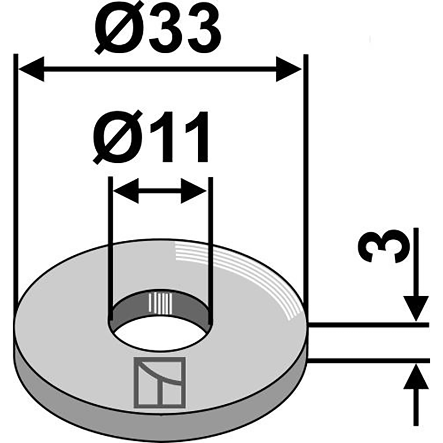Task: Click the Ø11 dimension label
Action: click(x=151, y=137)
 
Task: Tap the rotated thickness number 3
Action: click(x=383, y=245)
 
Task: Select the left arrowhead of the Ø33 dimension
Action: click(x=31, y=69)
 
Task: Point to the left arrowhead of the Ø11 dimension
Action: click(x=126, y=190)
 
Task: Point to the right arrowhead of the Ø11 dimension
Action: click(x=194, y=190)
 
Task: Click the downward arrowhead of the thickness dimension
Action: click(x=416, y=308)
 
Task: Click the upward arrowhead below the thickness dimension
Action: click(x=416, y=377)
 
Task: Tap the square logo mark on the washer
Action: click(x=159, y=383)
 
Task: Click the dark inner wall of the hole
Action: click(x=160, y=305)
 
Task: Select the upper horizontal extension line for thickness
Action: click(x=369, y=325)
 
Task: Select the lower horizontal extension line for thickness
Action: click(x=369, y=360)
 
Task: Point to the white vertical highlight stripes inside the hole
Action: click(x=160, y=303)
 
